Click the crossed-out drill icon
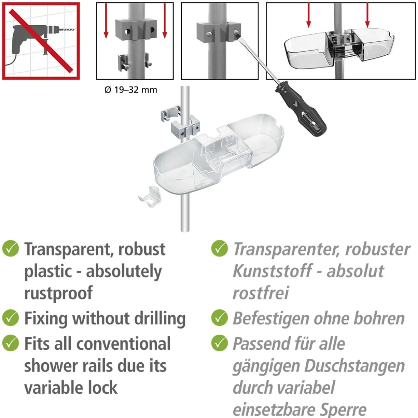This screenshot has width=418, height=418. click(41, 41)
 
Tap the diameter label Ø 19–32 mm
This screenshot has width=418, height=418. click(131, 90)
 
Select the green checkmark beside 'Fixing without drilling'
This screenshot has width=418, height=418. click(10, 318)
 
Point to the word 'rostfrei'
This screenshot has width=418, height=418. click(261, 293)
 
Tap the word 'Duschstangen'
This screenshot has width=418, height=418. click(354, 366)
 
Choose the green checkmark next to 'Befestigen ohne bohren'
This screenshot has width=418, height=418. click(219, 318)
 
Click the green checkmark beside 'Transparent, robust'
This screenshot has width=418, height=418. click(10, 248)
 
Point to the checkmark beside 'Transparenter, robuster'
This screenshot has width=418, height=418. click(219, 248)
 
